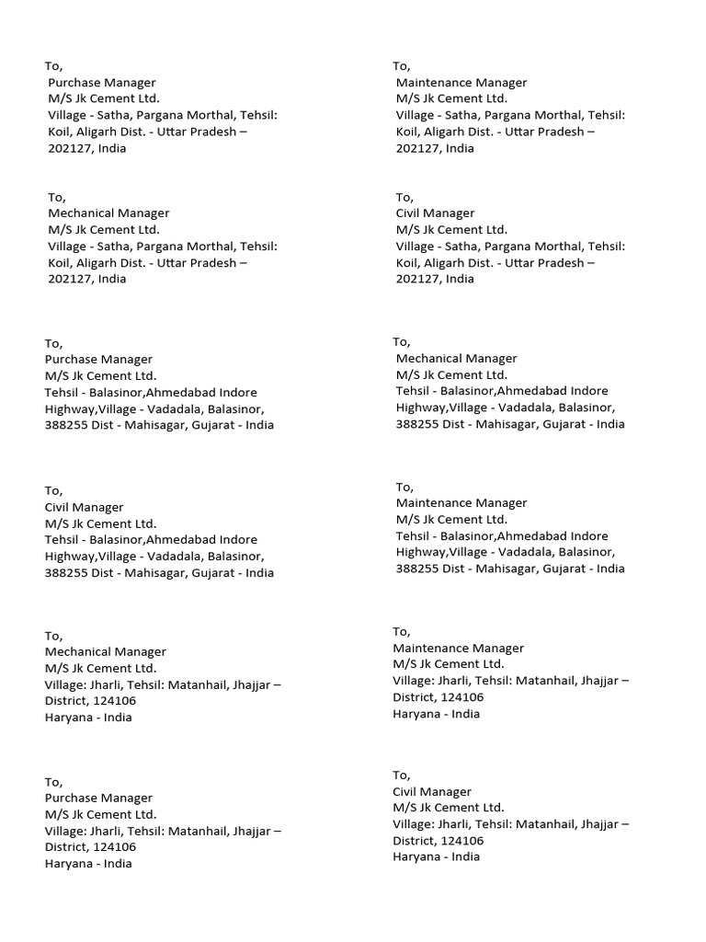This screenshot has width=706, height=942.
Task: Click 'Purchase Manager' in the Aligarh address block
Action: pos(102,83)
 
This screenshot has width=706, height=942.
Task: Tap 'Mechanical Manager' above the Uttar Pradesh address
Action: pos(108,213)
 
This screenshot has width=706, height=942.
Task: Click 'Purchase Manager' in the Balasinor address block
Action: pos(98,359)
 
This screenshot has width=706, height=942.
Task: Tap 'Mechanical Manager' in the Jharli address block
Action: pos(106,652)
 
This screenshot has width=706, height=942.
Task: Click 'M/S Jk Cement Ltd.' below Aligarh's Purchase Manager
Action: pos(103,99)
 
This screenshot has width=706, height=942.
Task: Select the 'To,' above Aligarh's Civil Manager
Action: pos(404,197)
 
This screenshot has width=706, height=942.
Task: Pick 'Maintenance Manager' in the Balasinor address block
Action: pos(461,503)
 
